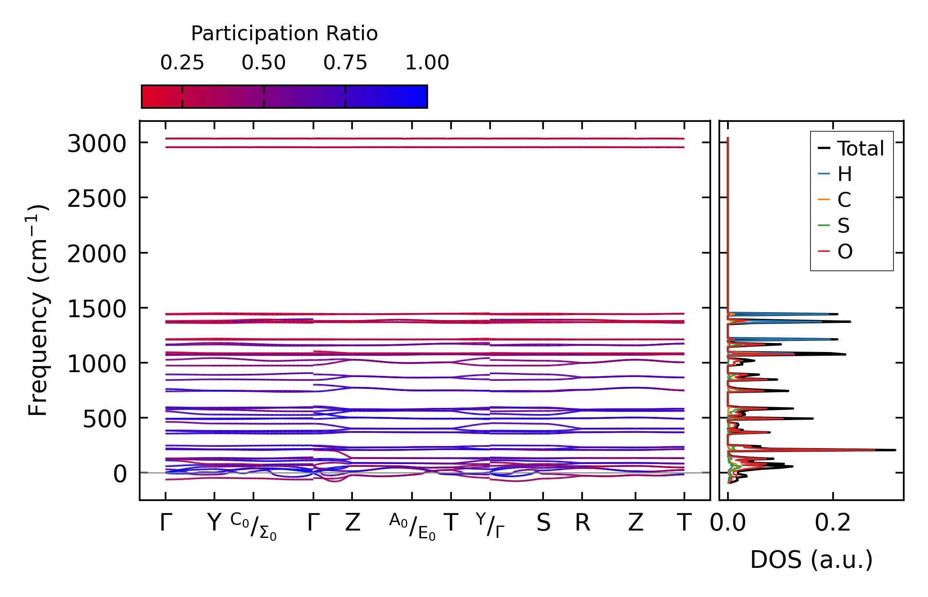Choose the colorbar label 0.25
pos(182,63)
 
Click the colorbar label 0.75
pos(345,63)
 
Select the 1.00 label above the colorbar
pos(427,63)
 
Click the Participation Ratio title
pos(284,34)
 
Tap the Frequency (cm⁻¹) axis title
pos(38,310)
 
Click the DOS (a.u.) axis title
pos(811,560)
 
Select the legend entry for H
pos(845,174)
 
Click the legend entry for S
pos(843,226)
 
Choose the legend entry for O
pos(845,252)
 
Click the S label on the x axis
pos(543,523)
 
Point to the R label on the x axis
pos(582,523)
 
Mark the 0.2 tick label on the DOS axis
pos(833,523)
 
